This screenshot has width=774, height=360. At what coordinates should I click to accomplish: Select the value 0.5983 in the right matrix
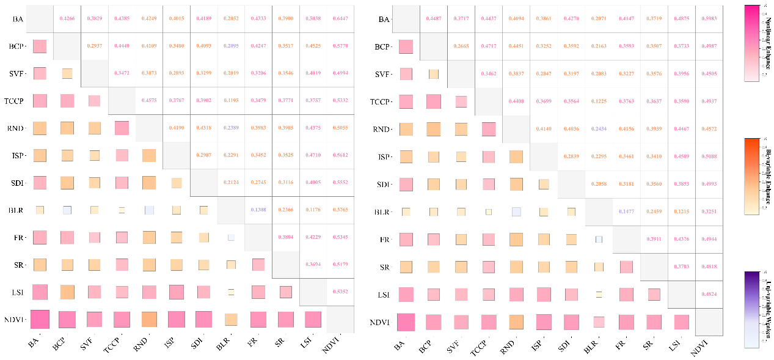coord(710,19)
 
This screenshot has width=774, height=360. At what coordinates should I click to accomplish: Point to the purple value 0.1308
coord(257,210)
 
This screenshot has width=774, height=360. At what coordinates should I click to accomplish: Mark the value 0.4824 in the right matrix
coord(710,294)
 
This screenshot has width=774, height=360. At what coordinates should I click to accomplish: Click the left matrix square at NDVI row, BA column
coord(40,320)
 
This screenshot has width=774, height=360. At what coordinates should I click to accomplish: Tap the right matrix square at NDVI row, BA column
coord(406,322)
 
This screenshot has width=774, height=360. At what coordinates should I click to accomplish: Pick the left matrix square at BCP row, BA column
coord(40,46)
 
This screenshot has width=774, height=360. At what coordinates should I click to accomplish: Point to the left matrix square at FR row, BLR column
coord(231,237)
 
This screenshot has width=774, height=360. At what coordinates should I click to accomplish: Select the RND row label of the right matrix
coord(382,129)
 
